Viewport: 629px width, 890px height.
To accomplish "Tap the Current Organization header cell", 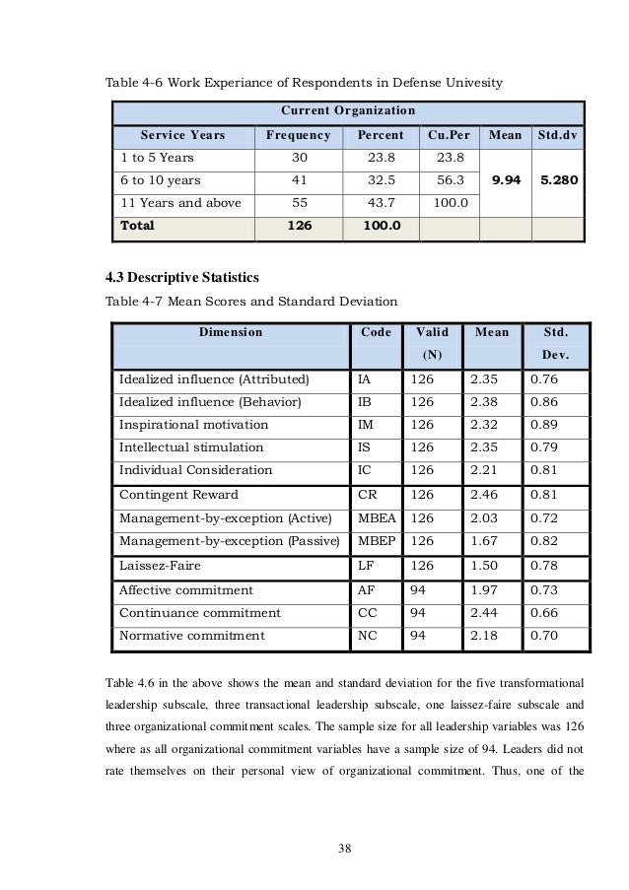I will click(x=348, y=109).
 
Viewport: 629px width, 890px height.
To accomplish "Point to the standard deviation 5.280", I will click(x=557, y=180).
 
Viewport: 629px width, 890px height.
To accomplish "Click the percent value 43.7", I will click(x=380, y=203).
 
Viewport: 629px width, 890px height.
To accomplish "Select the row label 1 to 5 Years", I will click(x=158, y=158).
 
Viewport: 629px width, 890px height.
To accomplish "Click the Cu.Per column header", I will click(x=448, y=135).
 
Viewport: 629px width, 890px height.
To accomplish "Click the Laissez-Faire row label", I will click(x=162, y=565).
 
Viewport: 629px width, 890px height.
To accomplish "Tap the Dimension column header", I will click(x=231, y=332).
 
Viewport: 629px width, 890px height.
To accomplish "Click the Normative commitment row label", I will click(x=192, y=636).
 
